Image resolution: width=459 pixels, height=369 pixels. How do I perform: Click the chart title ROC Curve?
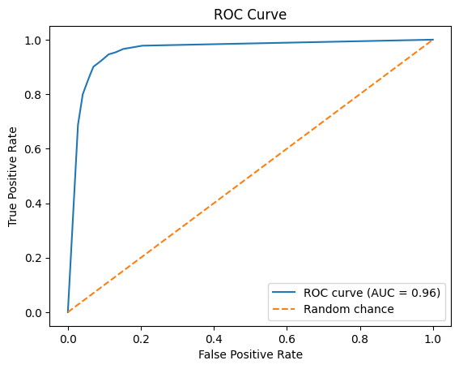point(249,15)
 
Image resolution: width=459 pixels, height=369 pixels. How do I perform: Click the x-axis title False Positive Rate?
point(249,354)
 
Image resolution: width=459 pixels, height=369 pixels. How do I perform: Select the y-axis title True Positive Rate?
point(13,176)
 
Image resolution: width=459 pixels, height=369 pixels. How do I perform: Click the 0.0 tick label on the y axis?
point(35,312)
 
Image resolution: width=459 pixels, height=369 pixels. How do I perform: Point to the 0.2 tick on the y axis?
point(35,258)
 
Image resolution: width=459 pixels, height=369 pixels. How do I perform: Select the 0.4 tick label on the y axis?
point(35,204)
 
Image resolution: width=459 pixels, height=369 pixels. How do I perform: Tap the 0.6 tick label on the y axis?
point(35,149)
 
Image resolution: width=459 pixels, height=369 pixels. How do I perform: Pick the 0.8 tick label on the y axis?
point(35,94)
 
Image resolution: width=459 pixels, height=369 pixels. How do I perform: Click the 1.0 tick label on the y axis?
point(35,40)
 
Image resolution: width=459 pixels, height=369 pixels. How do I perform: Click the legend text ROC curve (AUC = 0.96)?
point(372,293)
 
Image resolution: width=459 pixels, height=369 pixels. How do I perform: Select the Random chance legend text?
point(348,309)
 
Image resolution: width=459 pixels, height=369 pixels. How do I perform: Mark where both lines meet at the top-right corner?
point(433,40)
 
